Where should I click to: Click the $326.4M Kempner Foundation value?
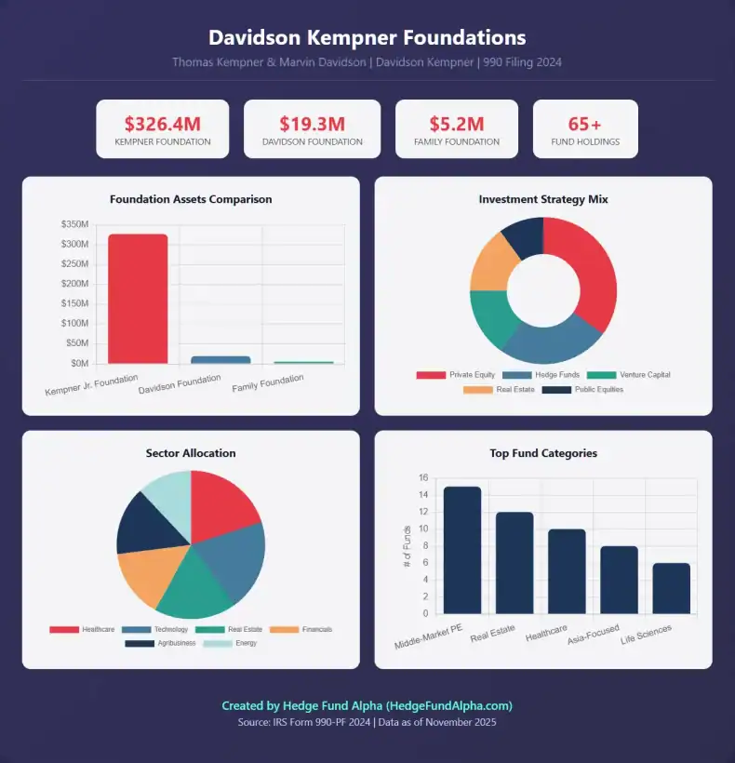pos(162,123)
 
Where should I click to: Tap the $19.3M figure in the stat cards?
pos(312,123)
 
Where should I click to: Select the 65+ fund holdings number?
pos(585,123)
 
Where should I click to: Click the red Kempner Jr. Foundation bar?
pos(138,299)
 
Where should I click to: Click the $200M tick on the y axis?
pos(74,284)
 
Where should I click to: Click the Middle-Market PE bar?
pos(462,549)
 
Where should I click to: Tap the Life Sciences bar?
pos(671,588)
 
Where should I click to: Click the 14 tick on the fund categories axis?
pos(423,495)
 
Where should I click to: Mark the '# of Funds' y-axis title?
pos(407,546)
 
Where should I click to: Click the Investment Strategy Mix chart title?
pos(543,199)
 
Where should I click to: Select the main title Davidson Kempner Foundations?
pos(367,38)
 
